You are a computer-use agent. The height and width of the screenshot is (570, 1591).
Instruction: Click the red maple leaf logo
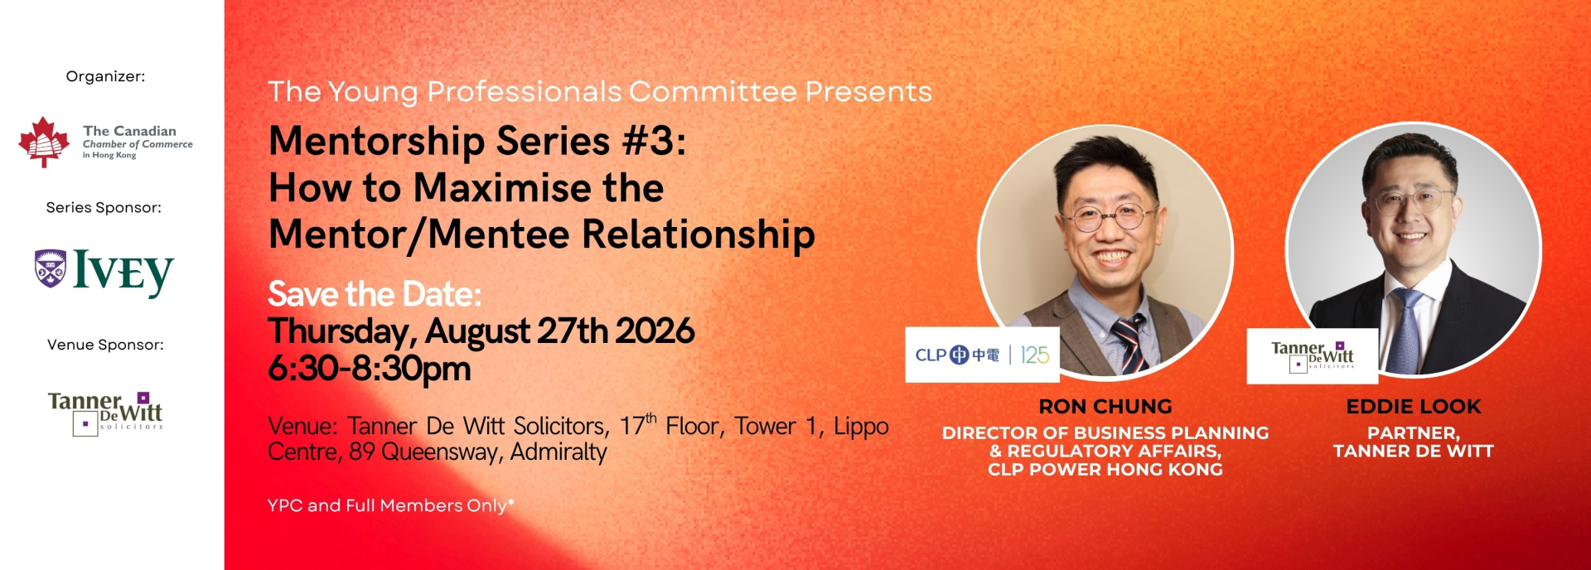[44, 142]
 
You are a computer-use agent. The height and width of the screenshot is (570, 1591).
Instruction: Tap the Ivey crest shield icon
[51, 268]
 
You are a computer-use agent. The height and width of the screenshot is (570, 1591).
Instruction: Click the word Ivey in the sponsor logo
[123, 272]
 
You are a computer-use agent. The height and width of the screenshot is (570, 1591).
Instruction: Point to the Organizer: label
[105, 76]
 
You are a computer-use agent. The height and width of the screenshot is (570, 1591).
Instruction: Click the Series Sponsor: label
[104, 207]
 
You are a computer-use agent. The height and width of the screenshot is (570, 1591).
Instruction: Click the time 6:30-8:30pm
[370, 369]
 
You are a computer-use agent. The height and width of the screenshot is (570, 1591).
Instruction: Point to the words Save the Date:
[375, 294]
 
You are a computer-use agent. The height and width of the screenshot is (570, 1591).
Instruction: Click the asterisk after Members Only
[511, 501]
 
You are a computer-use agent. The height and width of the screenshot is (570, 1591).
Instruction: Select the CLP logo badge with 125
[982, 355]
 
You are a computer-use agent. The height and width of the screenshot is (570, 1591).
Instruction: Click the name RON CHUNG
[1105, 407]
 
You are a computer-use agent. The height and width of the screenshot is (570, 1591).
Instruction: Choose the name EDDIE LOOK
[1414, 407]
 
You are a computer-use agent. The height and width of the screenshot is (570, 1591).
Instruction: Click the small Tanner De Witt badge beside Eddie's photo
[1313, 356]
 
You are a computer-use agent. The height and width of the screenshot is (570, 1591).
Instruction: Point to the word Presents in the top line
[868, 91]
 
